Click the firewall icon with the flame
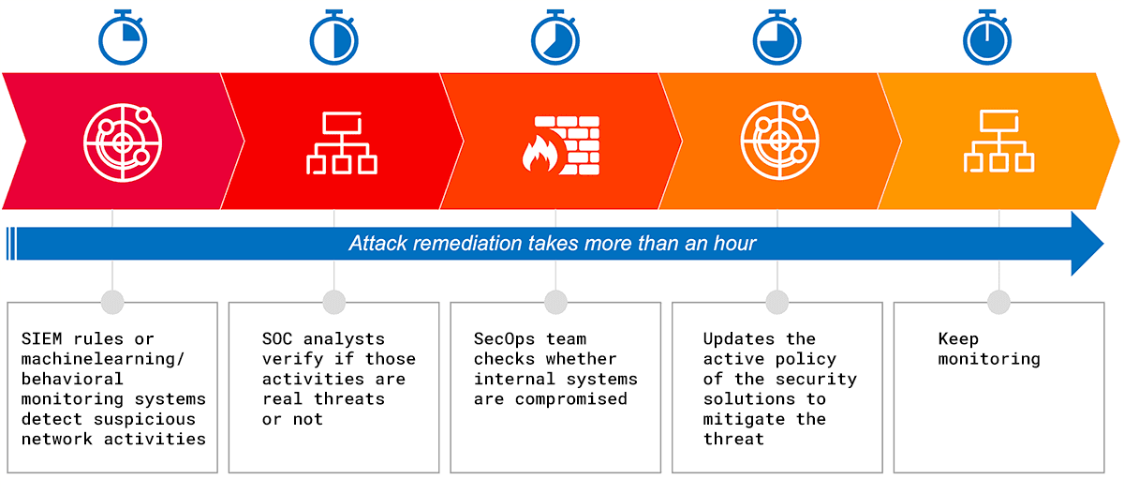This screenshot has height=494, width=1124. [x=559, y=144]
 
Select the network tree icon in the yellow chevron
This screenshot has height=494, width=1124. [x=998, y=142]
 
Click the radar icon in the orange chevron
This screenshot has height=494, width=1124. [x=777, y=142]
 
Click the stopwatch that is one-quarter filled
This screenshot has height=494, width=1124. [x=123, y=38]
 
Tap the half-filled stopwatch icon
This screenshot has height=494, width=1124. [x=334, y=38]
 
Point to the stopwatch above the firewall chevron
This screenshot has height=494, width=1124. [x=556, y=38]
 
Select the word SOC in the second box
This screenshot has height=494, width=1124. [x=278, y=338]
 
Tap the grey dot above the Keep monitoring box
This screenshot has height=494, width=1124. [x=998, y=302]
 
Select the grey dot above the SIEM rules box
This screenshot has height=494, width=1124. [x=112, y=302]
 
